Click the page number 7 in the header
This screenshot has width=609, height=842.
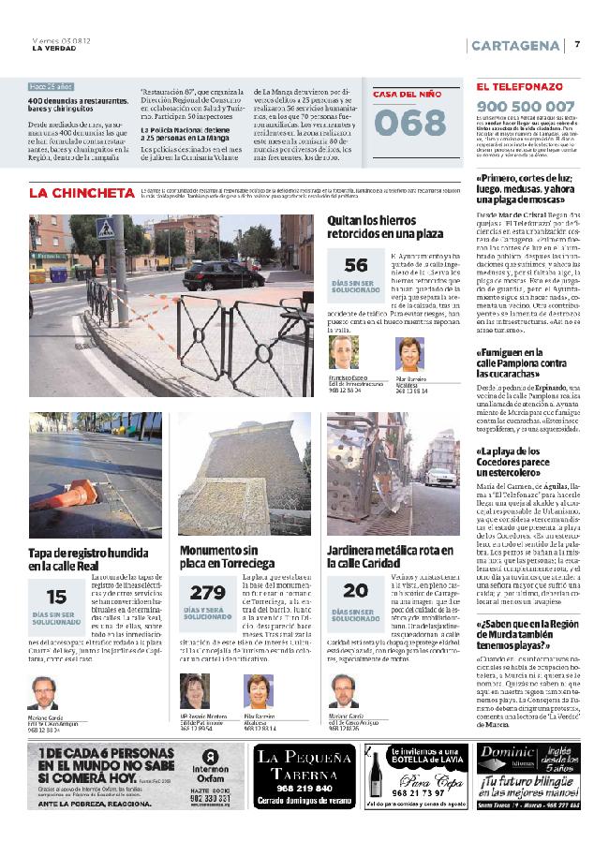tap(577, 45)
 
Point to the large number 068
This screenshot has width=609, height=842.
tap(409, 122)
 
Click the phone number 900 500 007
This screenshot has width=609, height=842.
tap(526, 106)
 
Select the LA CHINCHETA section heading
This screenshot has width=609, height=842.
tap(82, 193)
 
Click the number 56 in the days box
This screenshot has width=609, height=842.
tap(356, 266)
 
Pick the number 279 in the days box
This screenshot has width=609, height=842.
tap(207, 593)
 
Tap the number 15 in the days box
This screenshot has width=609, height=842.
tap(56, 597)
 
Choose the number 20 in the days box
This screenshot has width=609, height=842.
tap(355, 591)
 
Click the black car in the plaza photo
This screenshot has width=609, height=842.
tap(216, 273)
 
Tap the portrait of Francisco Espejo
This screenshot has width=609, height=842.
tap(344, 354)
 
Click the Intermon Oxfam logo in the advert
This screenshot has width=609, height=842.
tap(212, 761)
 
